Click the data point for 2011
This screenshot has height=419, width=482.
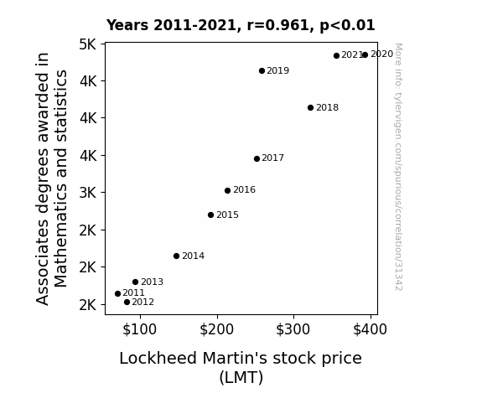pyautogui.click(x=117, y=293)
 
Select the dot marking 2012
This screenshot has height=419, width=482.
pyautogui.click(x=127, y=303)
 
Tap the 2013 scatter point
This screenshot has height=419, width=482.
pyautogui.click(x=135, y=282)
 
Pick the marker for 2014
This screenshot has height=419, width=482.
pyautogui.click(x=176, y=256)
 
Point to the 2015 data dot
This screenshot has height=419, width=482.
pyautogui.click(x=211, y=215)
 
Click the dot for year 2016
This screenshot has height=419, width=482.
pyautogui.click(x=227, y=190)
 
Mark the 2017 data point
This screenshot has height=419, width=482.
pyautogui.click(x=257, y=158)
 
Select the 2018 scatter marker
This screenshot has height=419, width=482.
pyautogui.click(x=310, y=107)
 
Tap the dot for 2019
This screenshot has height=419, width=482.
pyautogui.click(x=262, y=70)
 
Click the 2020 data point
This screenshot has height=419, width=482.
pyautogui.click(x=365, y=54)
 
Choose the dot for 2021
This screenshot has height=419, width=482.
pyautogui.click(x=337, y=55)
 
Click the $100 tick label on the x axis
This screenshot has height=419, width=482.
pyautogui.click(x=140, y=329)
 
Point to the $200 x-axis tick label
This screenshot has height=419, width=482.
pyautogui.click(x=217, y=329)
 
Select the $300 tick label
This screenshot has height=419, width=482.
pyautogui.click(x=293, y=329)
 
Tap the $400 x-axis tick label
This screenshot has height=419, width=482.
pyautogui.click(x=371, y=329)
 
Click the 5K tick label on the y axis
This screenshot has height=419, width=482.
pyautogui.click(x=88, y=44)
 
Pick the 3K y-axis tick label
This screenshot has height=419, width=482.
pyautogui.click(x=88, y=193)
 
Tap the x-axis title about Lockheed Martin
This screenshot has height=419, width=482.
pyautogui.click(x=241, y=368)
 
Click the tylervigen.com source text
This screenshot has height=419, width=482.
pyautogui.click(x=398, y=167)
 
